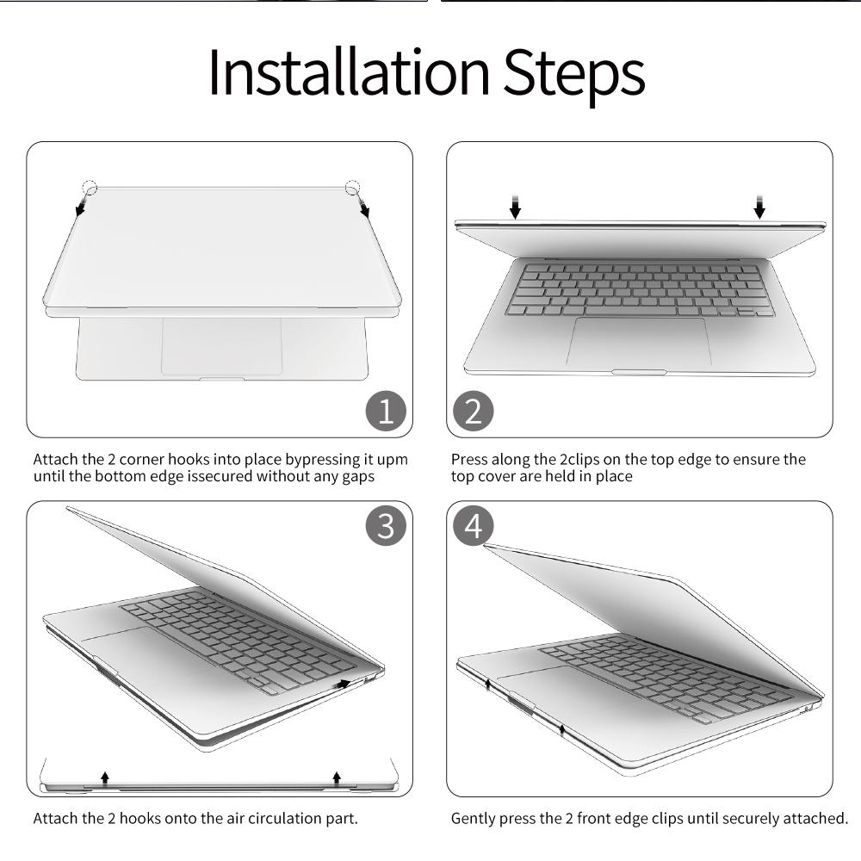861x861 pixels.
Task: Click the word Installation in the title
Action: tap(349, 73)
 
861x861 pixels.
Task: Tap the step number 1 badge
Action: tap(386, 411)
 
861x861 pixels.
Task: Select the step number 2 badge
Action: tap(474, 411)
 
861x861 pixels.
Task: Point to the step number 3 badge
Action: tap(386, 525)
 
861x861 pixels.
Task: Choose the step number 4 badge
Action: tap(474, 525)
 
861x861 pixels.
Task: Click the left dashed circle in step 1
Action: tap(90, 187)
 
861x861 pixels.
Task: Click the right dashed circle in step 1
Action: tap(352, 187)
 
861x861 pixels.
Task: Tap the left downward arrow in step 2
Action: tap(515, 207)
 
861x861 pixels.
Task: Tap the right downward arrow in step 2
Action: tap(759, 207)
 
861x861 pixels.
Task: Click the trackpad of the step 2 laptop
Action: tap(639, 342)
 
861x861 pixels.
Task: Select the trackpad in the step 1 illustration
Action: tap(222, 347)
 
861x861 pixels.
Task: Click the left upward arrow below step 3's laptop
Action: tap(105, 777)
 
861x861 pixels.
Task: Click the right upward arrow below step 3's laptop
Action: tap(338, 777)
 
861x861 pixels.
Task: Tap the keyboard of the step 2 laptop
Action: tap(640, 290)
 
